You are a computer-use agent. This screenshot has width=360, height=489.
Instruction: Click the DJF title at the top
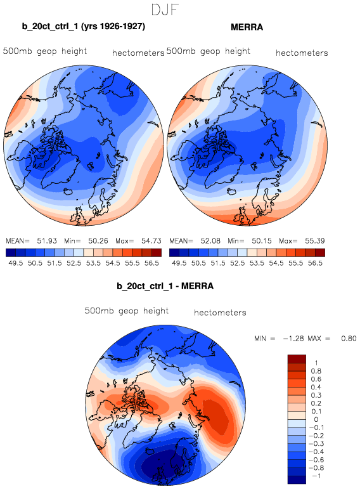pos(165,10)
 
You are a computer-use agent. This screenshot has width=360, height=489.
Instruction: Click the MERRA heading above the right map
pos(247,27)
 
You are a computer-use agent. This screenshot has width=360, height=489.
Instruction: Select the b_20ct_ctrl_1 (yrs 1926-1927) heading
pos(83,26)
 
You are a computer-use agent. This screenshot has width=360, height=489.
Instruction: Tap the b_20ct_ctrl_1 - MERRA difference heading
pos(165,286)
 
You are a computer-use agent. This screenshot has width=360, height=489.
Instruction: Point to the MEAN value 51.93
pos(47,241)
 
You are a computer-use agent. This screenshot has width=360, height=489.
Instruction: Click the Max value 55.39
pos(315,241)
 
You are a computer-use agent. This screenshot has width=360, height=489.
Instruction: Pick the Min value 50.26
pos(98,241)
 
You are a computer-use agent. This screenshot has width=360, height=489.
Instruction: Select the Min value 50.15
pos(262,241)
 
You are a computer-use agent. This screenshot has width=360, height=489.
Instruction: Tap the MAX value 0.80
pos(349,339)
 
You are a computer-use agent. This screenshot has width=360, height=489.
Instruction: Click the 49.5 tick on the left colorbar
pos(16,263)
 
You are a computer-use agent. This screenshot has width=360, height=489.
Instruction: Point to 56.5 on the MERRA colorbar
pos(315,263)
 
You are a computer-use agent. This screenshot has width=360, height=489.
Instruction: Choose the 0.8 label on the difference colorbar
pos(316,371)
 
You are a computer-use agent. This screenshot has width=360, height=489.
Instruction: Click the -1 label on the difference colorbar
pos(316,476)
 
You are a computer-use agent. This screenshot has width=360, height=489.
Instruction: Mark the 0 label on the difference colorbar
pos(316,419)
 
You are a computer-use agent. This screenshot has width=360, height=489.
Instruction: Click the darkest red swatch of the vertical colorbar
pos(297,358)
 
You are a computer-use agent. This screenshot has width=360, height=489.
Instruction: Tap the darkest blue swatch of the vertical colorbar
pos(297,479)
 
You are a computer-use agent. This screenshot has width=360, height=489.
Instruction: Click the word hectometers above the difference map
pos(220,313)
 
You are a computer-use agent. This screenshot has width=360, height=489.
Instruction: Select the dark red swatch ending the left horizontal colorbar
pos(157,252)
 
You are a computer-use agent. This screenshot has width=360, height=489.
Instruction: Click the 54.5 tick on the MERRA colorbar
pos(276,263)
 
